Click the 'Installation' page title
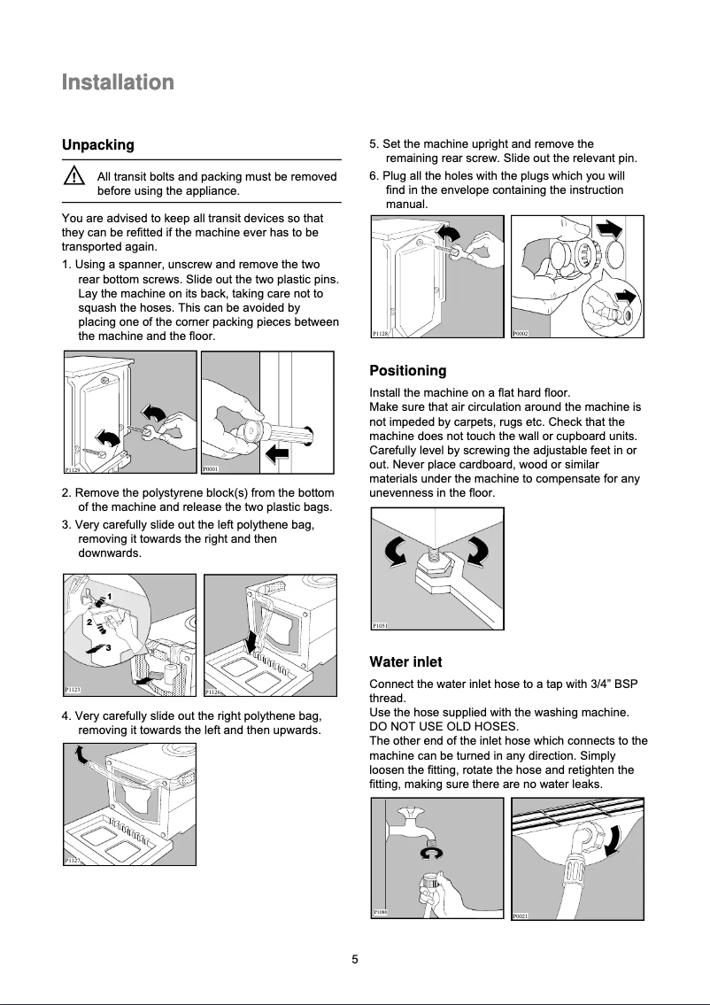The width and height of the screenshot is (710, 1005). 118,82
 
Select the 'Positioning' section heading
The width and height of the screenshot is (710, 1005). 407,370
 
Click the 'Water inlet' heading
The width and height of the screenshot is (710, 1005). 405,661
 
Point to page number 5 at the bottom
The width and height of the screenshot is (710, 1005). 354,959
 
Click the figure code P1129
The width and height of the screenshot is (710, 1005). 73,471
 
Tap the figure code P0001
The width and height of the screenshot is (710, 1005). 211,471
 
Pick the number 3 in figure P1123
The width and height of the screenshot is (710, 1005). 107,649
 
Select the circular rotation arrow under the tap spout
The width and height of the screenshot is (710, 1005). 430,852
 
